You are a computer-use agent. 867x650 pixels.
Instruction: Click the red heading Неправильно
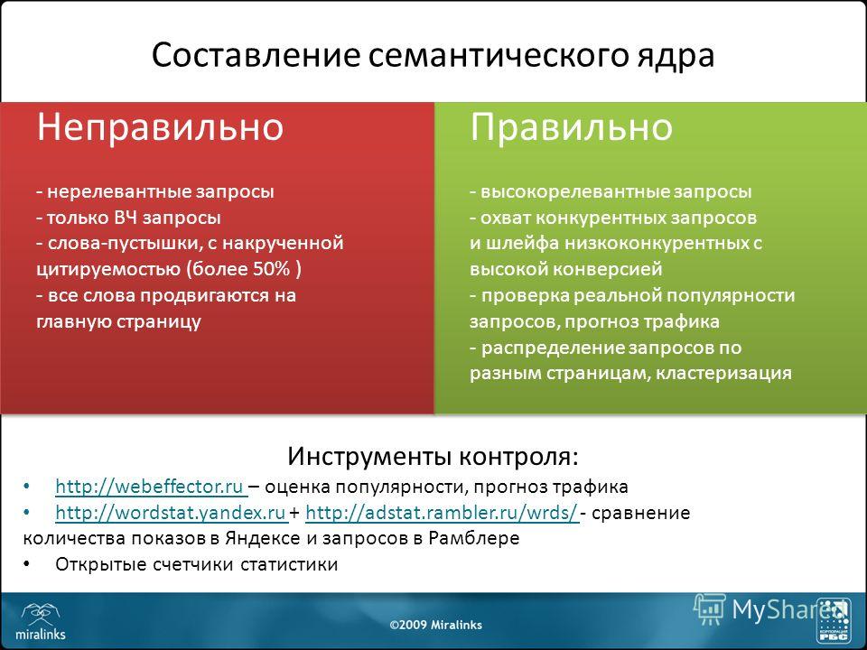point(161,127)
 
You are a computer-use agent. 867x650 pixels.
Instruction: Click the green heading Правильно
point(571,127)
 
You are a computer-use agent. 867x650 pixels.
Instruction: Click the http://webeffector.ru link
point(150,487)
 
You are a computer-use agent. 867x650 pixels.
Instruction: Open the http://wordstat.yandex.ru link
point(171,513)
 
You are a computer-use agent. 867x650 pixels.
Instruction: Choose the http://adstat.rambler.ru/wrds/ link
point(442,513)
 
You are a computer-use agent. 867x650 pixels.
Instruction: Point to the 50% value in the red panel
point(272,269)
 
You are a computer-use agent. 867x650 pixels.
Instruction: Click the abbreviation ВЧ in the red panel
point(126,218)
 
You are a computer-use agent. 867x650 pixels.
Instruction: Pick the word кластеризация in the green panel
point(723,373)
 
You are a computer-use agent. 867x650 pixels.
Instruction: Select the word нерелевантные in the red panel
point(120,191)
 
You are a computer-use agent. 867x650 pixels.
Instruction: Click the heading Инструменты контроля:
point(433,457)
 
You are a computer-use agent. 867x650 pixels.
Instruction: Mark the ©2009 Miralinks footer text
point(435,625)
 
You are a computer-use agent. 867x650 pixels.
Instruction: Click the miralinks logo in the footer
point(41,621)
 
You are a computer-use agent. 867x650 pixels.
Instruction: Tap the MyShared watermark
point(770,609)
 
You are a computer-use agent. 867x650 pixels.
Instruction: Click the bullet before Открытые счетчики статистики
point(26,564)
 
